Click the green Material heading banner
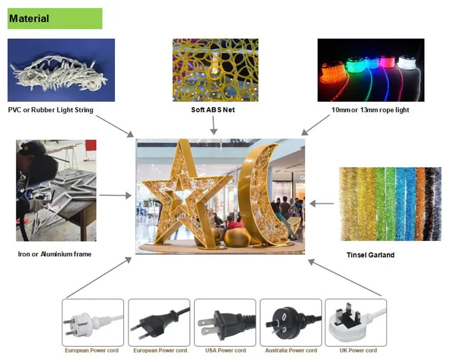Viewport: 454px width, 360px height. pyautogui.click(x=54, y=19)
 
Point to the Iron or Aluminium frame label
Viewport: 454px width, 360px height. pyautogui.click(x=54, y=254)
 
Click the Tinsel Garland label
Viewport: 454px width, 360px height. pyautogui.click(x=370, y=255)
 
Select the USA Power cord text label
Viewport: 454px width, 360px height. pyautogui.click(x=225, y=350)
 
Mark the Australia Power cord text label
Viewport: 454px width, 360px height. pyautogui.click(x=291, y=350)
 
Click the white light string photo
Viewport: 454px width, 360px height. pyautogui.click(x=61, y=70)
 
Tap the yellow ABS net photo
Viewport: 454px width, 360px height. pyautogui.click(x=215, y=70)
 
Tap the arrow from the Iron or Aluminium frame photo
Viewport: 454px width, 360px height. pyautogui.click(x=115, y=195)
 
